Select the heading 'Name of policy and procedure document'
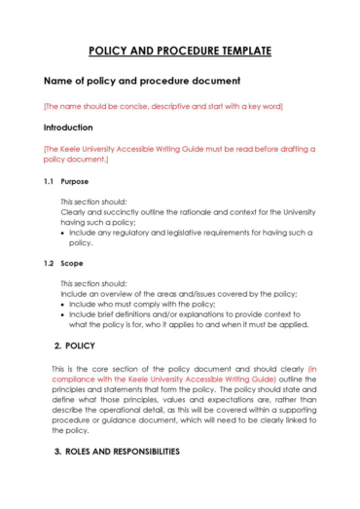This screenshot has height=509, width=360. click(141, 81)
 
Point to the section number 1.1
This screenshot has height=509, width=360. click(50, 180)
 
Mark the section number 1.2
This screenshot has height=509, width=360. click(50, 263)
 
